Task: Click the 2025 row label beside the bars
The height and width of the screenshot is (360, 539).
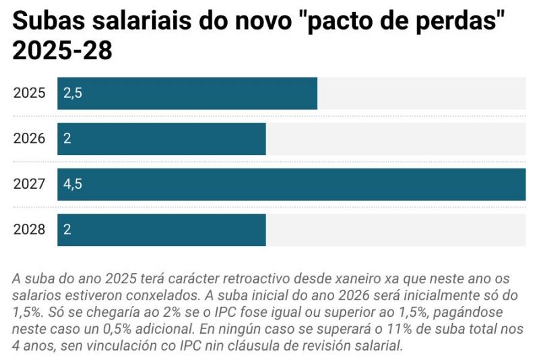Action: [29, 93]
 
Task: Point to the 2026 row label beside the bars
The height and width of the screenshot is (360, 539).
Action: [29, 139]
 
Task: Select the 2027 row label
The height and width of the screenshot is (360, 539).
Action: [29, 184]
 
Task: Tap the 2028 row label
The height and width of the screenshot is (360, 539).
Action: [29, 230]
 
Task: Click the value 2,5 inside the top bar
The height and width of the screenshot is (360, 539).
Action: [73, 94]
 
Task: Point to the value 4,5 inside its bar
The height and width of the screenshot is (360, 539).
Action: [73, 185]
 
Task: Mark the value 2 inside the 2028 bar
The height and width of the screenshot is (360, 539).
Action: [67, 230]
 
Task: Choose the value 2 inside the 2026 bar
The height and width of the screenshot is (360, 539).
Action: [67, 139]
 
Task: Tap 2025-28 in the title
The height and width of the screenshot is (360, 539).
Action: [62, 51]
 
